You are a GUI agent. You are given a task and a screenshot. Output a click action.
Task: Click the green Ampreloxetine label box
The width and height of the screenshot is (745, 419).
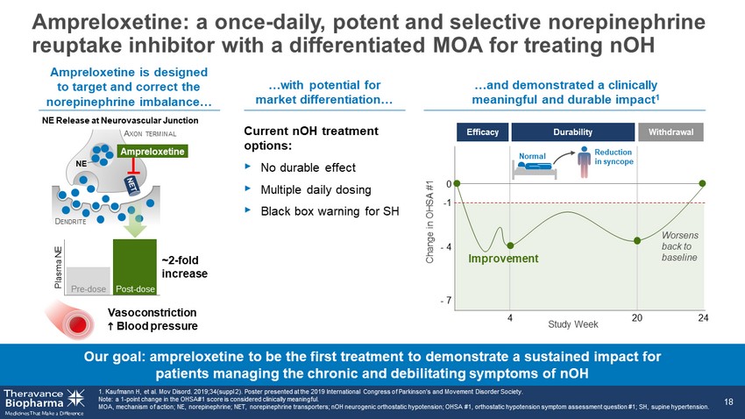click(153, 152)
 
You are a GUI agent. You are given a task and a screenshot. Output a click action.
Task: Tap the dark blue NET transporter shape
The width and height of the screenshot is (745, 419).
click(131, 184)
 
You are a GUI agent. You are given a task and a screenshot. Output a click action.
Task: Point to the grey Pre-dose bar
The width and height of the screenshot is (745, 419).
click(89, 281)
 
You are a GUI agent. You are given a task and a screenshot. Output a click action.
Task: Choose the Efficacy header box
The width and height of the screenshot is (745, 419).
click(483, 132)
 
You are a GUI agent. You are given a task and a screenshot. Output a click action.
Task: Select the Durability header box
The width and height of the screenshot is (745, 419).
click(572, 132)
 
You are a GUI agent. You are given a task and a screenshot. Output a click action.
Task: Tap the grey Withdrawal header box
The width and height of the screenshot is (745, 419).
click(670, 132)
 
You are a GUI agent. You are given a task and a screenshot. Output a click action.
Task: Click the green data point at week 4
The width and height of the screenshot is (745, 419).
click(510, 245)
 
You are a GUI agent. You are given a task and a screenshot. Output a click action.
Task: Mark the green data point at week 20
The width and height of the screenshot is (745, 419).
click(637, 241)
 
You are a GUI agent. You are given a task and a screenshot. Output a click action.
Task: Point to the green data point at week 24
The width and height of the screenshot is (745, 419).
click(702, 183)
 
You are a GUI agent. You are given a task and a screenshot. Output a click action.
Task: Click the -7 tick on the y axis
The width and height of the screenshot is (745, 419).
click(445, 301)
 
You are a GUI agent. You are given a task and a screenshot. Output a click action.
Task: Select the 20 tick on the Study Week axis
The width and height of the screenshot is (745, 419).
click(637, 318)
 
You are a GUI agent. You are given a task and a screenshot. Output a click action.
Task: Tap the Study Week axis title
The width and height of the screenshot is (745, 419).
click(573, 324)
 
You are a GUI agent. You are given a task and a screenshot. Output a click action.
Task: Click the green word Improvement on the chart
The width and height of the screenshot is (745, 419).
click(503, 259)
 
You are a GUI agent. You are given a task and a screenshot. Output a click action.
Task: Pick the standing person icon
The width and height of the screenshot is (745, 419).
click(584, 162)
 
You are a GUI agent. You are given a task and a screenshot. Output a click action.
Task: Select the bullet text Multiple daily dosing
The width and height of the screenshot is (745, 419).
click(316, 190)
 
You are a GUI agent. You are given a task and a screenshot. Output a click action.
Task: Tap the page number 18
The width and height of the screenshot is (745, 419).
click(728, 402)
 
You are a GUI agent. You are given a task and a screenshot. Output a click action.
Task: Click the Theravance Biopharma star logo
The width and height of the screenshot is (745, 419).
click(76, 399)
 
